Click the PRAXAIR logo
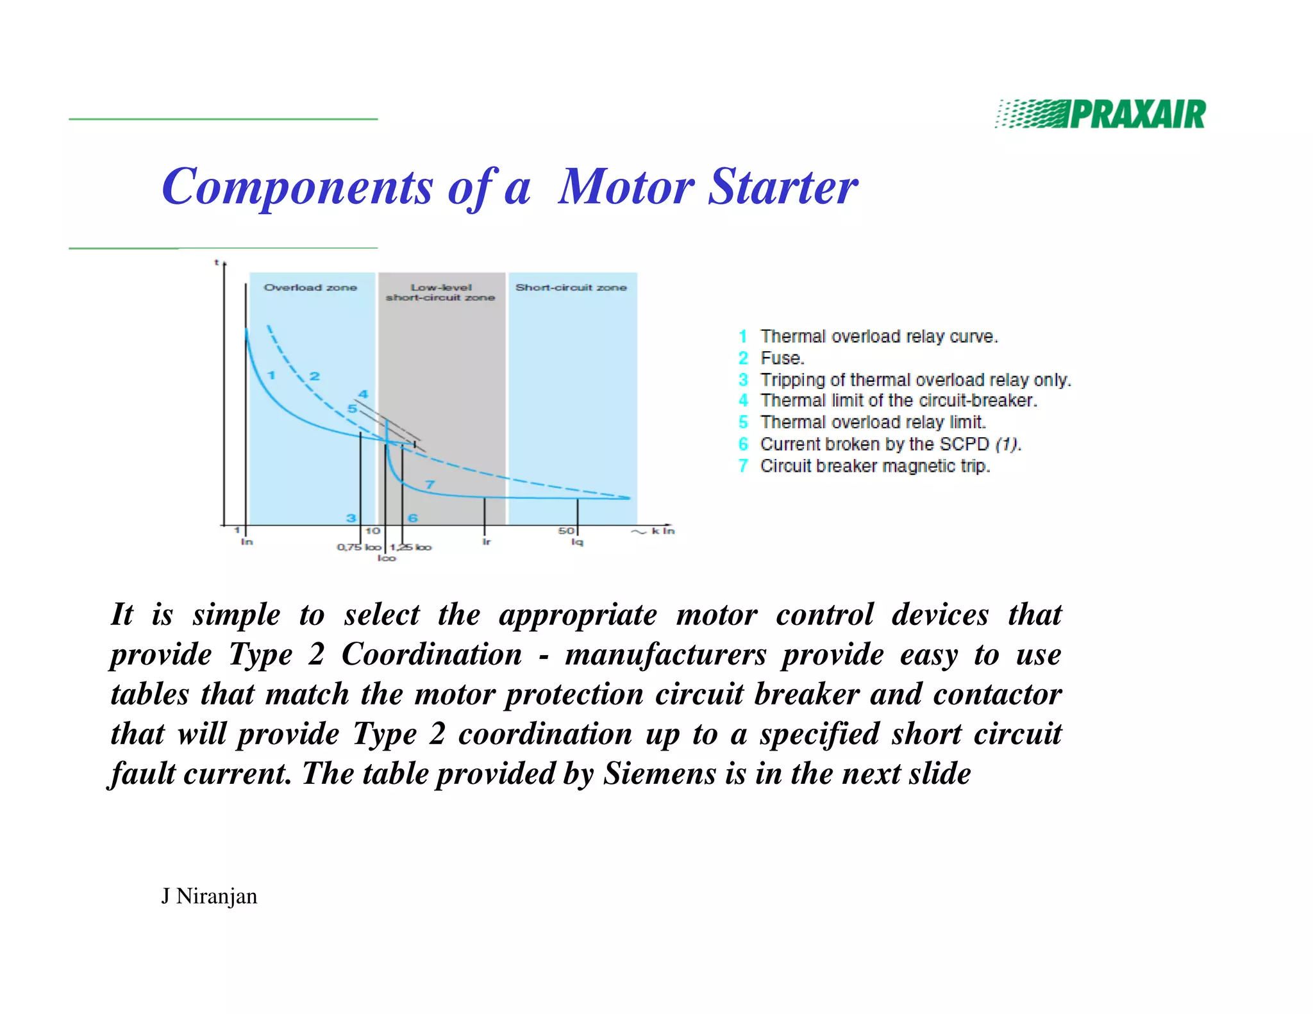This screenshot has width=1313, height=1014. (x=1100, y=114)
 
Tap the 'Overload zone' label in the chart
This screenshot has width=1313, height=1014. (x=310, y=287)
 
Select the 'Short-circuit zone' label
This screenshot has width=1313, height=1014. (x=571, y=287)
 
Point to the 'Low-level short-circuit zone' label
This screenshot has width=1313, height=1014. (x=440, y=292)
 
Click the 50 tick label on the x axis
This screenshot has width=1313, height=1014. (x=565, y=531)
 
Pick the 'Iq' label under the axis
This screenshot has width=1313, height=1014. (x=577, y=542)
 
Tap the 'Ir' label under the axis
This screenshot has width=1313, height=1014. (x=486, y=542)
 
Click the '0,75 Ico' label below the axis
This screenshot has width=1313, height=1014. (x=359, y=547)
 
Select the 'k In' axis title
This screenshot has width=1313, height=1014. (x=663, y=531)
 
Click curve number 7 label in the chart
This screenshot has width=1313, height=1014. (x=430, y=485)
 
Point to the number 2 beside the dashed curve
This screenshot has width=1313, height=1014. (x=314, y=376)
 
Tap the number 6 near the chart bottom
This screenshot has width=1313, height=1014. (x=412, y=518)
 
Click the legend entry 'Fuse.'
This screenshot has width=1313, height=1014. (x=782, y=358)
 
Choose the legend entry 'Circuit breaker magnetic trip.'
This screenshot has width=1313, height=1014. (x=874, y=466)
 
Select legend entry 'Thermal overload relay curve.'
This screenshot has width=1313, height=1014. (x=878, y=337)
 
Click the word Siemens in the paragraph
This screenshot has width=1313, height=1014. (x=660, y=773)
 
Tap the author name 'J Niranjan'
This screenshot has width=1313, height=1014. (x=209, y=895)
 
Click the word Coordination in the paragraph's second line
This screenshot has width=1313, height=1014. (x=431, y=654)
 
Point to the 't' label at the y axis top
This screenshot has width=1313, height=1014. (x=217, y=262)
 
